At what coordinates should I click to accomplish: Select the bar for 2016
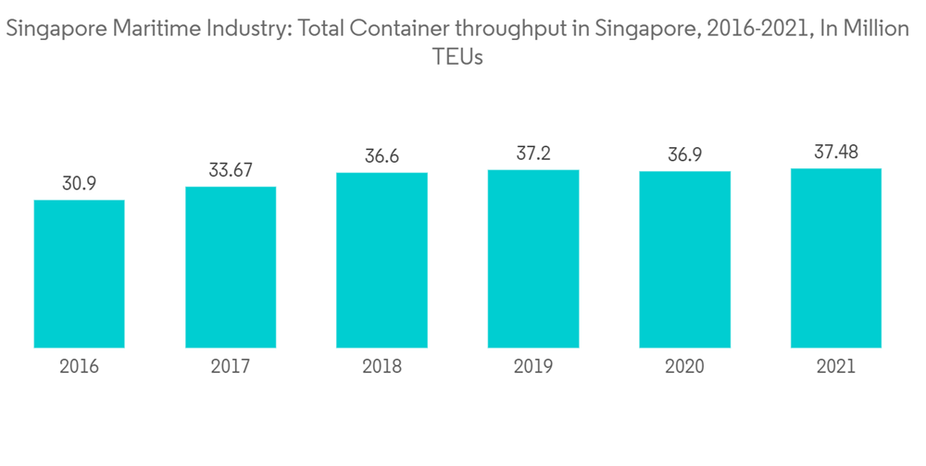(80, 274)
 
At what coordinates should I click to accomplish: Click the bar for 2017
(231, 267)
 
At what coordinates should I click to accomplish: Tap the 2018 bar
(382, 260)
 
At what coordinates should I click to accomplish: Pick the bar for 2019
(533, 259)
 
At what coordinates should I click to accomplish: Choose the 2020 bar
(684, 260)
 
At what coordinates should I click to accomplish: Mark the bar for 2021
(835, 258)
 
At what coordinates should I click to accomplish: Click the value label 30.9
(80, 183)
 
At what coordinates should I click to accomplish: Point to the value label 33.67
(231, 170)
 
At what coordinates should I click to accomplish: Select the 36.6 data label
(382, 156)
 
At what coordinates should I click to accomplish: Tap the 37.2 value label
(533, 153)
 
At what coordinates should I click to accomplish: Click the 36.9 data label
(684, 155)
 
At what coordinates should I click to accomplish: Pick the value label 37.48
(835, 152)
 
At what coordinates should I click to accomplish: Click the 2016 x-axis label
(80, 366)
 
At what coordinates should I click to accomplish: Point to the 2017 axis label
(231, 366)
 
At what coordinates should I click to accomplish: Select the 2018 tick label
(382, 366)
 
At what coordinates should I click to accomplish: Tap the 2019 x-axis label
(533, 366)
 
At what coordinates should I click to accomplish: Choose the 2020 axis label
(684, 366)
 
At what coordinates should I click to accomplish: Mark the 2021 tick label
(835, 366)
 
